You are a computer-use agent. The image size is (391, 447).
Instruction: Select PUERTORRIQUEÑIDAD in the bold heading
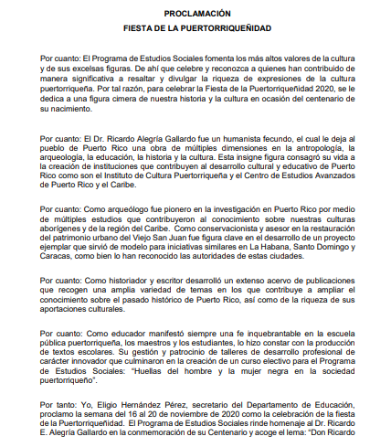[239, 28]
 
